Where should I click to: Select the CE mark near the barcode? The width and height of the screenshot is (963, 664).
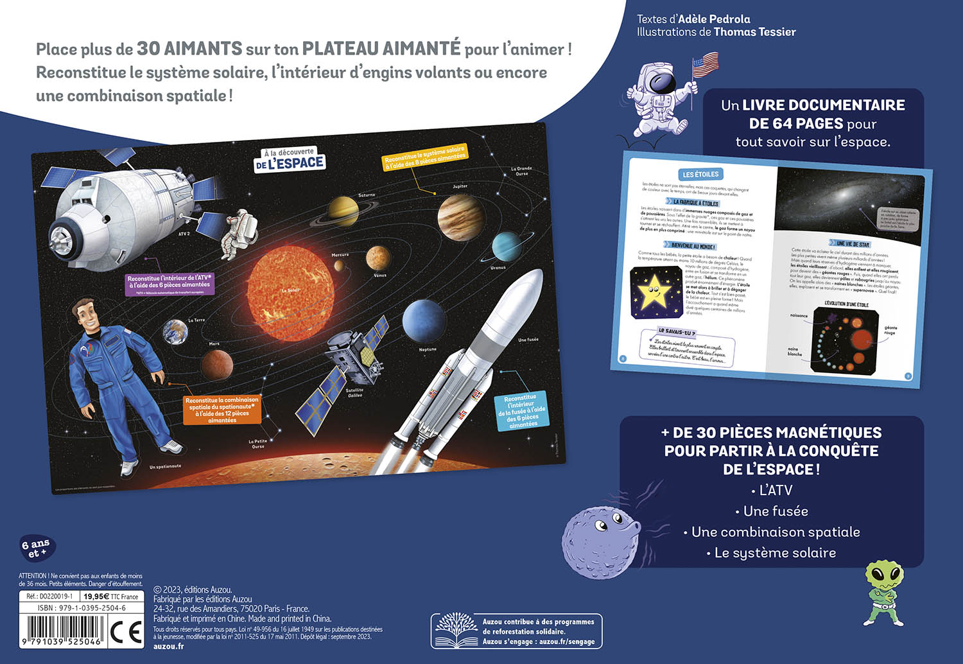coord(126,633)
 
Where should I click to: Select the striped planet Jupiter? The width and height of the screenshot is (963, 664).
coord(460,217)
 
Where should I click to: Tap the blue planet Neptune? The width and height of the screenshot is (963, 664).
coord(424,320)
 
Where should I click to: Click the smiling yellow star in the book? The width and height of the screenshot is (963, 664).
coord(655,292)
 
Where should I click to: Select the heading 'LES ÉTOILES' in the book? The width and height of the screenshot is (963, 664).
coord(700,174)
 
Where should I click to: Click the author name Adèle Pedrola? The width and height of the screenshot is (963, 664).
coord(714,19)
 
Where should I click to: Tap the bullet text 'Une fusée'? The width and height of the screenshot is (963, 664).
coord(776,511)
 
